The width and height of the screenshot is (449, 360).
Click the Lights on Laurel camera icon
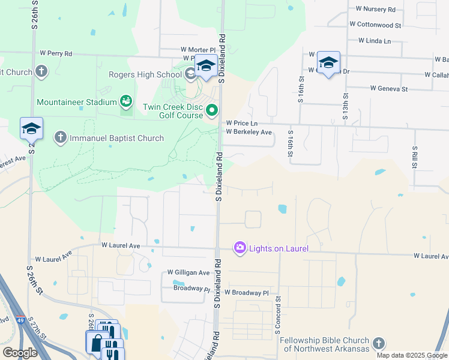tap(240, 248)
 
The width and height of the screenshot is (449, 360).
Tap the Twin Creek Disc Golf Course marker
tap(212, 110)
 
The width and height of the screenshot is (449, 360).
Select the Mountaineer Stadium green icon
tap(126, 102)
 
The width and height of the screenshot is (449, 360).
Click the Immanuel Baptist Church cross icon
tap(60, 138)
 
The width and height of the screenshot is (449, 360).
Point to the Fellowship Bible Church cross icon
tap(378, 343)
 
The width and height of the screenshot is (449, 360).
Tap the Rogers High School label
tap(145, 74)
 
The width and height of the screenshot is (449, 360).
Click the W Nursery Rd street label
tap(376, 10)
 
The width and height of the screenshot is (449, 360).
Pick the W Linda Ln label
tap(375, 41)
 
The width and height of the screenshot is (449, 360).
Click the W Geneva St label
tap(389, 89)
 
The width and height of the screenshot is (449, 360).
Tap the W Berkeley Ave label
tap(249, 132)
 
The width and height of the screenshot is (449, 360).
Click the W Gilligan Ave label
tap(188, 272)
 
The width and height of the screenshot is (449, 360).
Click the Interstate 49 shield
tap(21, 321)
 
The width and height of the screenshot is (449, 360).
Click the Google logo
tap(20, 352)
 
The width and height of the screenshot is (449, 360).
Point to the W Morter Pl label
tap(198, 50)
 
